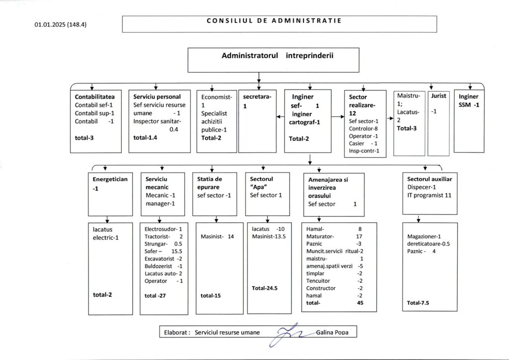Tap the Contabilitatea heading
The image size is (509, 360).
pos(95,96)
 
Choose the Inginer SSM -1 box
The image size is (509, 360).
pos(469,100)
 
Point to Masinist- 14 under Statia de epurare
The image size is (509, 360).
pos(217,237)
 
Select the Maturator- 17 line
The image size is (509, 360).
pos(335,237)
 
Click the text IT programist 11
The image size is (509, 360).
pos(429,196)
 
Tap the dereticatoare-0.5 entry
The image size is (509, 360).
pos(428,244)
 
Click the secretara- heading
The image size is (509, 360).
pos(257,97)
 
